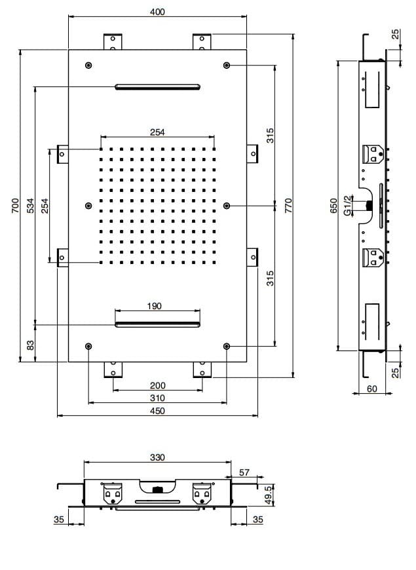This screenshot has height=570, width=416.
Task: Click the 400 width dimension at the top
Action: tap(157, 12)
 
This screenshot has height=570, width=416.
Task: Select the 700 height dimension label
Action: tap(15, 205)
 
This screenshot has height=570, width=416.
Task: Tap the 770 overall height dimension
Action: tap(288, 205)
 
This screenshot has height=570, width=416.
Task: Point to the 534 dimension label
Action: tap(31, 205)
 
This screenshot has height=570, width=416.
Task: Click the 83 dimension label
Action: tap(31, 345)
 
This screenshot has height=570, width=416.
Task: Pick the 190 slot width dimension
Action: tap(154, 306)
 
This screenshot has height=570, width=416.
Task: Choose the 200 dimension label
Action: tap(157, 385)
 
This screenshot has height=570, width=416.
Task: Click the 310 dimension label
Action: tap(157, 398)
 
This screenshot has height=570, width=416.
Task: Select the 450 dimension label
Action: tap(157, 411)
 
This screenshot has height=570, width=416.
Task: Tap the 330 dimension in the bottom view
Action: tap(157, 457)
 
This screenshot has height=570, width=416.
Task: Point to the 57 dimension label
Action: tap(244, 472)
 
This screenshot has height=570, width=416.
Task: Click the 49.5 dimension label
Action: tap(269, 495)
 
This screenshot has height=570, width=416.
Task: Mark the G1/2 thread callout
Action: tap(348, 205)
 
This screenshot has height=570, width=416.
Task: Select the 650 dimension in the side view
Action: tap(334, 205)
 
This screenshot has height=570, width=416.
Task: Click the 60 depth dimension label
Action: tap(371, 389)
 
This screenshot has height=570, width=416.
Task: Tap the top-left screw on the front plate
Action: tap(88, 65)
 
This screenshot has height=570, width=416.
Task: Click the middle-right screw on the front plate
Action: tap(227, 206)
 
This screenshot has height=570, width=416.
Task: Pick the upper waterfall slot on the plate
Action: tap(157, 86)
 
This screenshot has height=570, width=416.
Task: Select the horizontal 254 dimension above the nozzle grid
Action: tap(157, 132)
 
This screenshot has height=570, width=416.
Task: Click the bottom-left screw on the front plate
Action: tap(88, 346)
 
